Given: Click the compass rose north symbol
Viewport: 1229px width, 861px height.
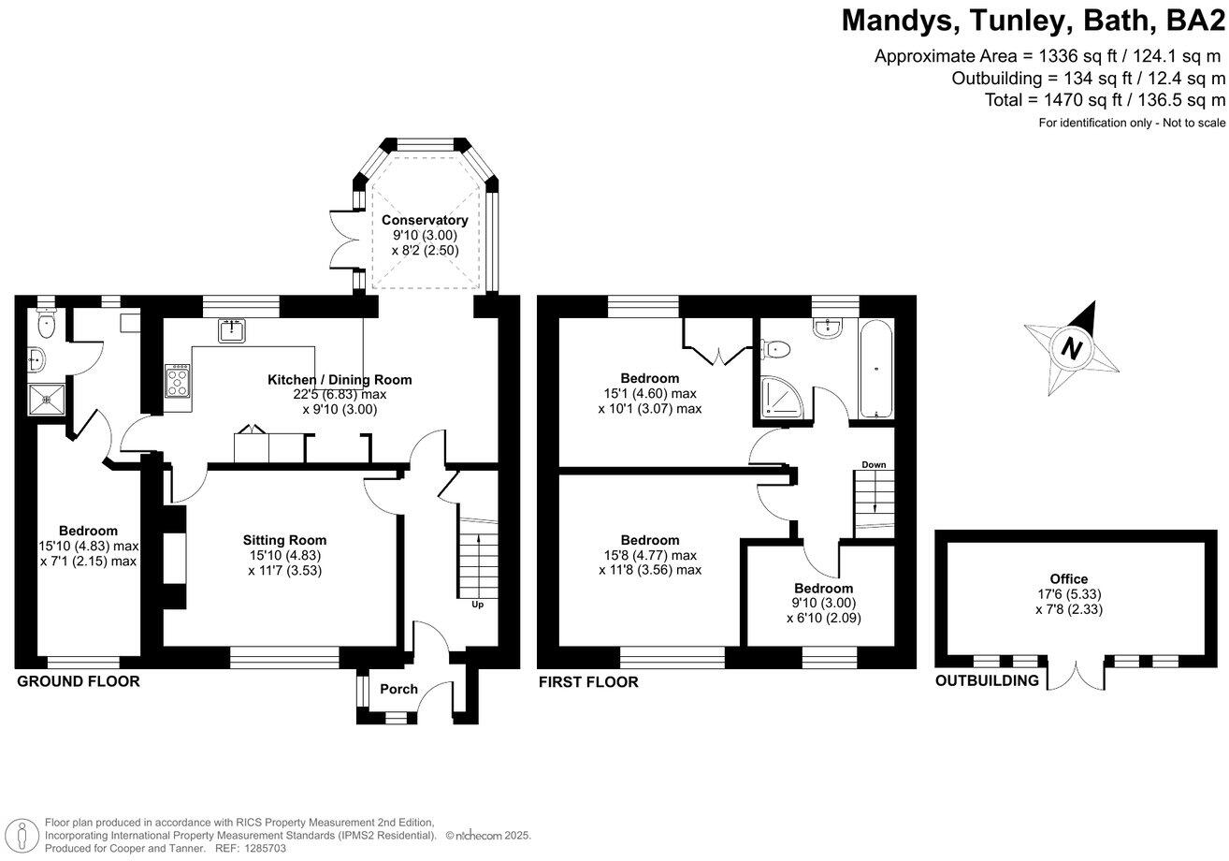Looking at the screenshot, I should [x=1072, y=349].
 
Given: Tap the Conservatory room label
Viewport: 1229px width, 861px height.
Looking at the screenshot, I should [x=425, y=221].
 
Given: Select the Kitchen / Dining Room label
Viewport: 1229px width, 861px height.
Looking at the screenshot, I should [x=340, y=380].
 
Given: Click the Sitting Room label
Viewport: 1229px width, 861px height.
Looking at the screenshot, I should [x=284, y=540].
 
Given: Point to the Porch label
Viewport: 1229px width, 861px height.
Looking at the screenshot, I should [x=398, y=690].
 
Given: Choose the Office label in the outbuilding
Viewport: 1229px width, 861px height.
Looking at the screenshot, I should [x=1068, y=579].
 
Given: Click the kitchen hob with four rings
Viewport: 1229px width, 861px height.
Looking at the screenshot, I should [x=178, y=381].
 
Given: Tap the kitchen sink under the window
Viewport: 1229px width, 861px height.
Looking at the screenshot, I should [x=231, y=329].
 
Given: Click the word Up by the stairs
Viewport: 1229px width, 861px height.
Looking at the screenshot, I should [x=477, y=605].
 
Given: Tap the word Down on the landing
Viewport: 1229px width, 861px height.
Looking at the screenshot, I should [x=874, y=465].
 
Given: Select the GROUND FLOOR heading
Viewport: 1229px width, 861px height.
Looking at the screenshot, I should [x=79, y=681].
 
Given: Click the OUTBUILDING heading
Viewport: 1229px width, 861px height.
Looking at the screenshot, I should [x=987, y=680].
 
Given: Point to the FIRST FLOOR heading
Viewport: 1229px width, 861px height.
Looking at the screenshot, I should [x=588, y=682].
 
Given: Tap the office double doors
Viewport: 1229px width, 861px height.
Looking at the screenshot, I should [x=1077, y=674].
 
